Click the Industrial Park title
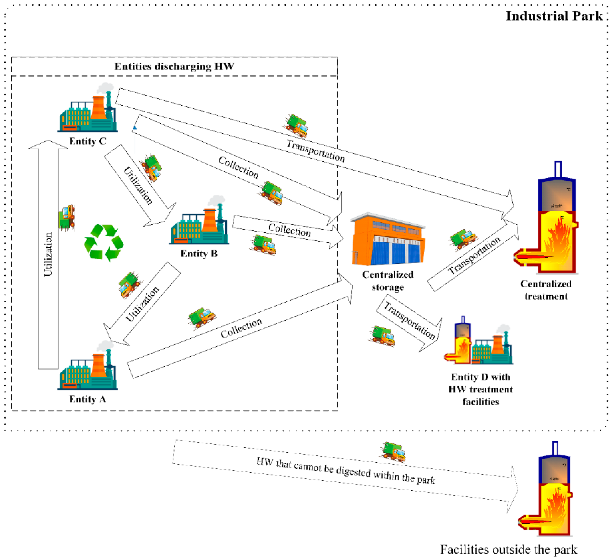[x=554, y=16]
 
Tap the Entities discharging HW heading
[x=174, y=66]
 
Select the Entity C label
[x=88, y=141]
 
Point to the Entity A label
[x=88, y=399]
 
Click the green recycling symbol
[x=104, y=243]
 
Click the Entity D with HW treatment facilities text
[x=481, y=389]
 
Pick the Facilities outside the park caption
[x=508, y=549]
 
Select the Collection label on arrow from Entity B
[x=289, y=230]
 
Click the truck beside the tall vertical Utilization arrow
[x=67, y=217]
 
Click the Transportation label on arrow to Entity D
[x=410, y=320]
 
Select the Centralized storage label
[x=388, y=281]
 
